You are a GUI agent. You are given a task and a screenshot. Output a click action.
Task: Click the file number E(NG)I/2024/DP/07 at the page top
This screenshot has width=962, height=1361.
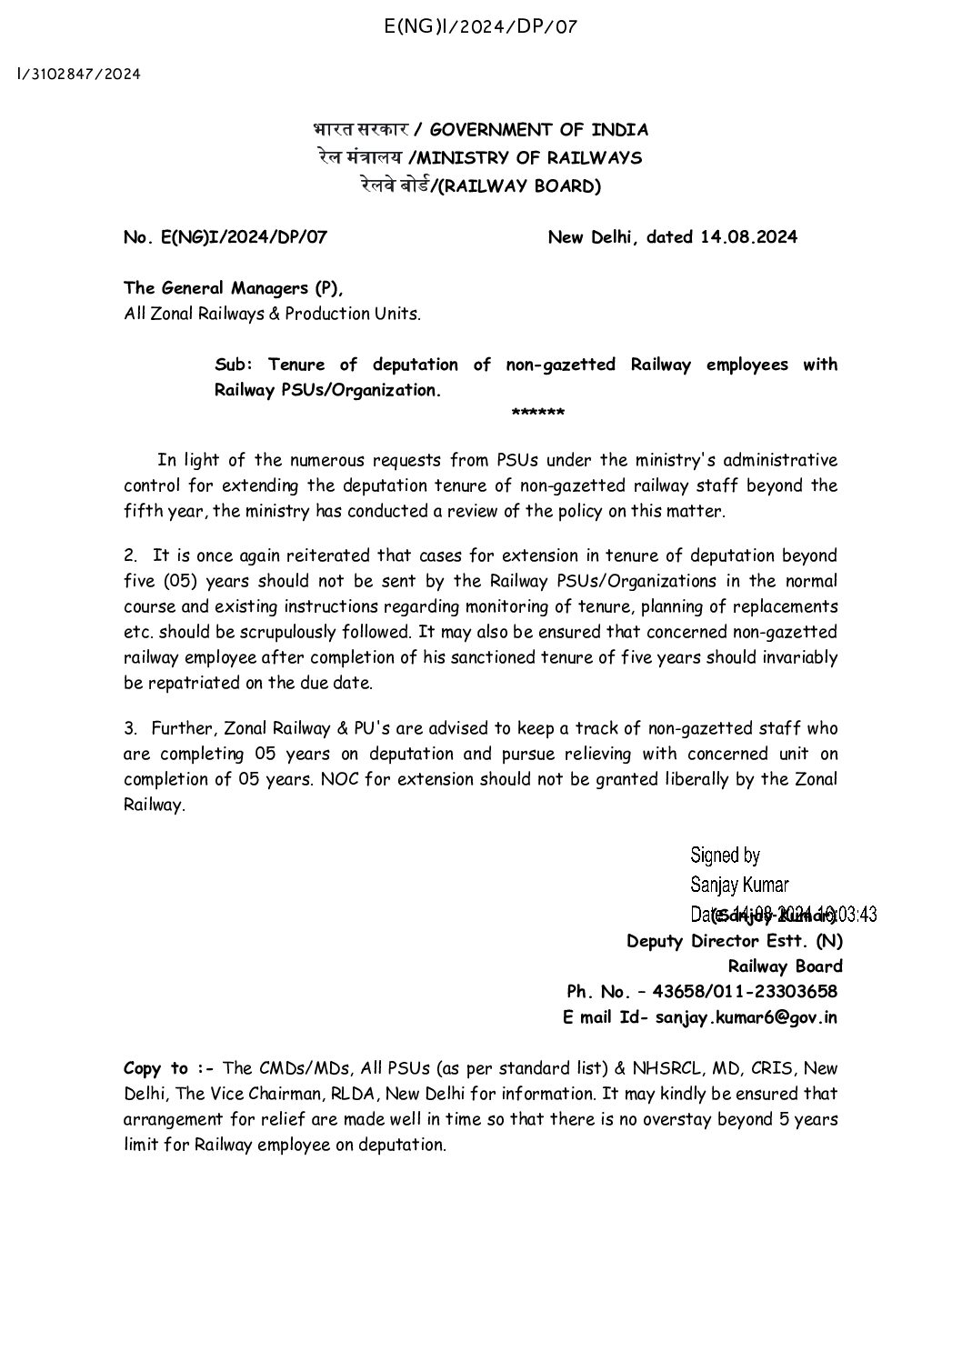tap(481, 26)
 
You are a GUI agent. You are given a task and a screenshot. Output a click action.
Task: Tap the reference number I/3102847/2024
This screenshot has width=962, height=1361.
tap(79, 74)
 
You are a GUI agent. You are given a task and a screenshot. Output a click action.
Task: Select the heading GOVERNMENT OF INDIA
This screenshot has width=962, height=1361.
tap(538, 129)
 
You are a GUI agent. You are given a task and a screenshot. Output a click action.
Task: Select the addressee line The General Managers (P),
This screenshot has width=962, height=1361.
tap(234, 288)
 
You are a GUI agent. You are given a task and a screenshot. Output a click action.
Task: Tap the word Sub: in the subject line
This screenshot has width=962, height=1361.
tap(232, 365)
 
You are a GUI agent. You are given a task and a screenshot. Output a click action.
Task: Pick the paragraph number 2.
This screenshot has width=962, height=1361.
tap(130, 555)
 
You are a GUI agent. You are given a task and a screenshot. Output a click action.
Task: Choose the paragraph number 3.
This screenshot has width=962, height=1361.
tap(130, 728)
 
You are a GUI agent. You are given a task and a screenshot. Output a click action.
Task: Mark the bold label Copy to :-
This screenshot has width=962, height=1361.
tap(155, 1067)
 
